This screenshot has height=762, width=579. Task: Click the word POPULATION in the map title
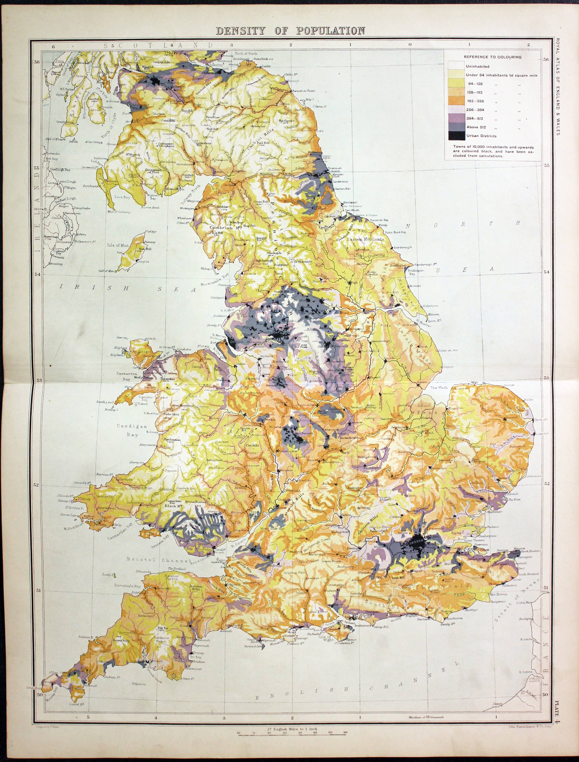click(330, 31)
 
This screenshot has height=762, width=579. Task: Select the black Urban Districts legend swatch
click(456, 136)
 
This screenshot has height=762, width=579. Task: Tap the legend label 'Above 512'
click(476, 127)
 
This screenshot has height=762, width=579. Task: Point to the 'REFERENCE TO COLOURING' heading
click(493, 57)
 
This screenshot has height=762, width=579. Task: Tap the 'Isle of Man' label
click(118, 245)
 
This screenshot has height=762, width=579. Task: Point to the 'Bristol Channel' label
click(159, 560)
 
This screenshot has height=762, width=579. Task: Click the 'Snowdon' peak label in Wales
click(168, 379)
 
